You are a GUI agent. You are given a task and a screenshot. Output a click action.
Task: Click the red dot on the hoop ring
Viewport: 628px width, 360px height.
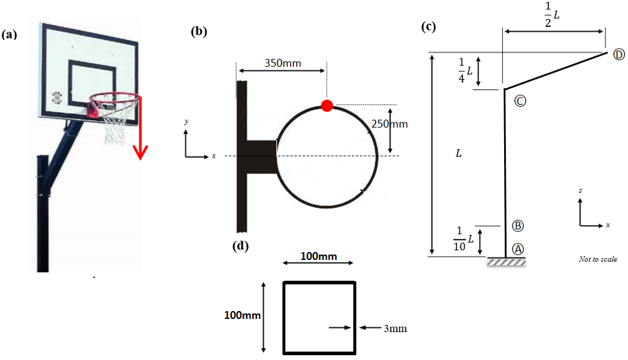327,105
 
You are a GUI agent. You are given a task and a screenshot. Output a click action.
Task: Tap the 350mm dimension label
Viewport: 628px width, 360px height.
283,63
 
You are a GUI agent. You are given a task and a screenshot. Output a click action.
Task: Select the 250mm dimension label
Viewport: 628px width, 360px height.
389,124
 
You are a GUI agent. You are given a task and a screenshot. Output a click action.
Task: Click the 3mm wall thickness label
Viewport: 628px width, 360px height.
396,328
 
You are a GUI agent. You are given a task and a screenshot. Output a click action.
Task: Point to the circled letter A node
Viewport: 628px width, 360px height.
518,249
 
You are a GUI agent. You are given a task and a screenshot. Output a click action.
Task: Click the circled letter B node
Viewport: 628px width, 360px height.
518,226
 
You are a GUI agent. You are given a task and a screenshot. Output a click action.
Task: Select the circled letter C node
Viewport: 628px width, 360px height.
520,101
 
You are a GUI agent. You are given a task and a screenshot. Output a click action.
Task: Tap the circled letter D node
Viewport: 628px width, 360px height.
619,55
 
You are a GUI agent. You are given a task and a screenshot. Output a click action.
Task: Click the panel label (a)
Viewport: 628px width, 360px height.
9,34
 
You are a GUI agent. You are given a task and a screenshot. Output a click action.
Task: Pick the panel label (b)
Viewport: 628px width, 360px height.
199,31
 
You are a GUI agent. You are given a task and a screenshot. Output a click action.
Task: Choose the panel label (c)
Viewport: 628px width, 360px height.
429,27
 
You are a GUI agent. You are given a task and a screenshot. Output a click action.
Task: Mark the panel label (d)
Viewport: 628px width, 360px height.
240,245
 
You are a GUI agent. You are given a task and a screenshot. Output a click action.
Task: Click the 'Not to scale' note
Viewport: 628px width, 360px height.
598,259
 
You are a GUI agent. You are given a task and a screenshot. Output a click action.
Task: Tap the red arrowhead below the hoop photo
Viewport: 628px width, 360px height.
140,152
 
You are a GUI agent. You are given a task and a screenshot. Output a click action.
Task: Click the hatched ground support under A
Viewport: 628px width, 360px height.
506,262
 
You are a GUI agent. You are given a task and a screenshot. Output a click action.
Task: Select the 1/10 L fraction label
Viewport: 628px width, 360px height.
464,239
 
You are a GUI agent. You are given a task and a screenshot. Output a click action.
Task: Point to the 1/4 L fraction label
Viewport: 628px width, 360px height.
465,71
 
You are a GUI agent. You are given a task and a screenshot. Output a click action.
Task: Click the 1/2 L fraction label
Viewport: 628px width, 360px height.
552,15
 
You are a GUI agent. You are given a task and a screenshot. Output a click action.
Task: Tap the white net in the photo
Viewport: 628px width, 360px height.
115,120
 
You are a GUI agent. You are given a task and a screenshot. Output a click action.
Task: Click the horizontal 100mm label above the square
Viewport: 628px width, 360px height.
319,256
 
